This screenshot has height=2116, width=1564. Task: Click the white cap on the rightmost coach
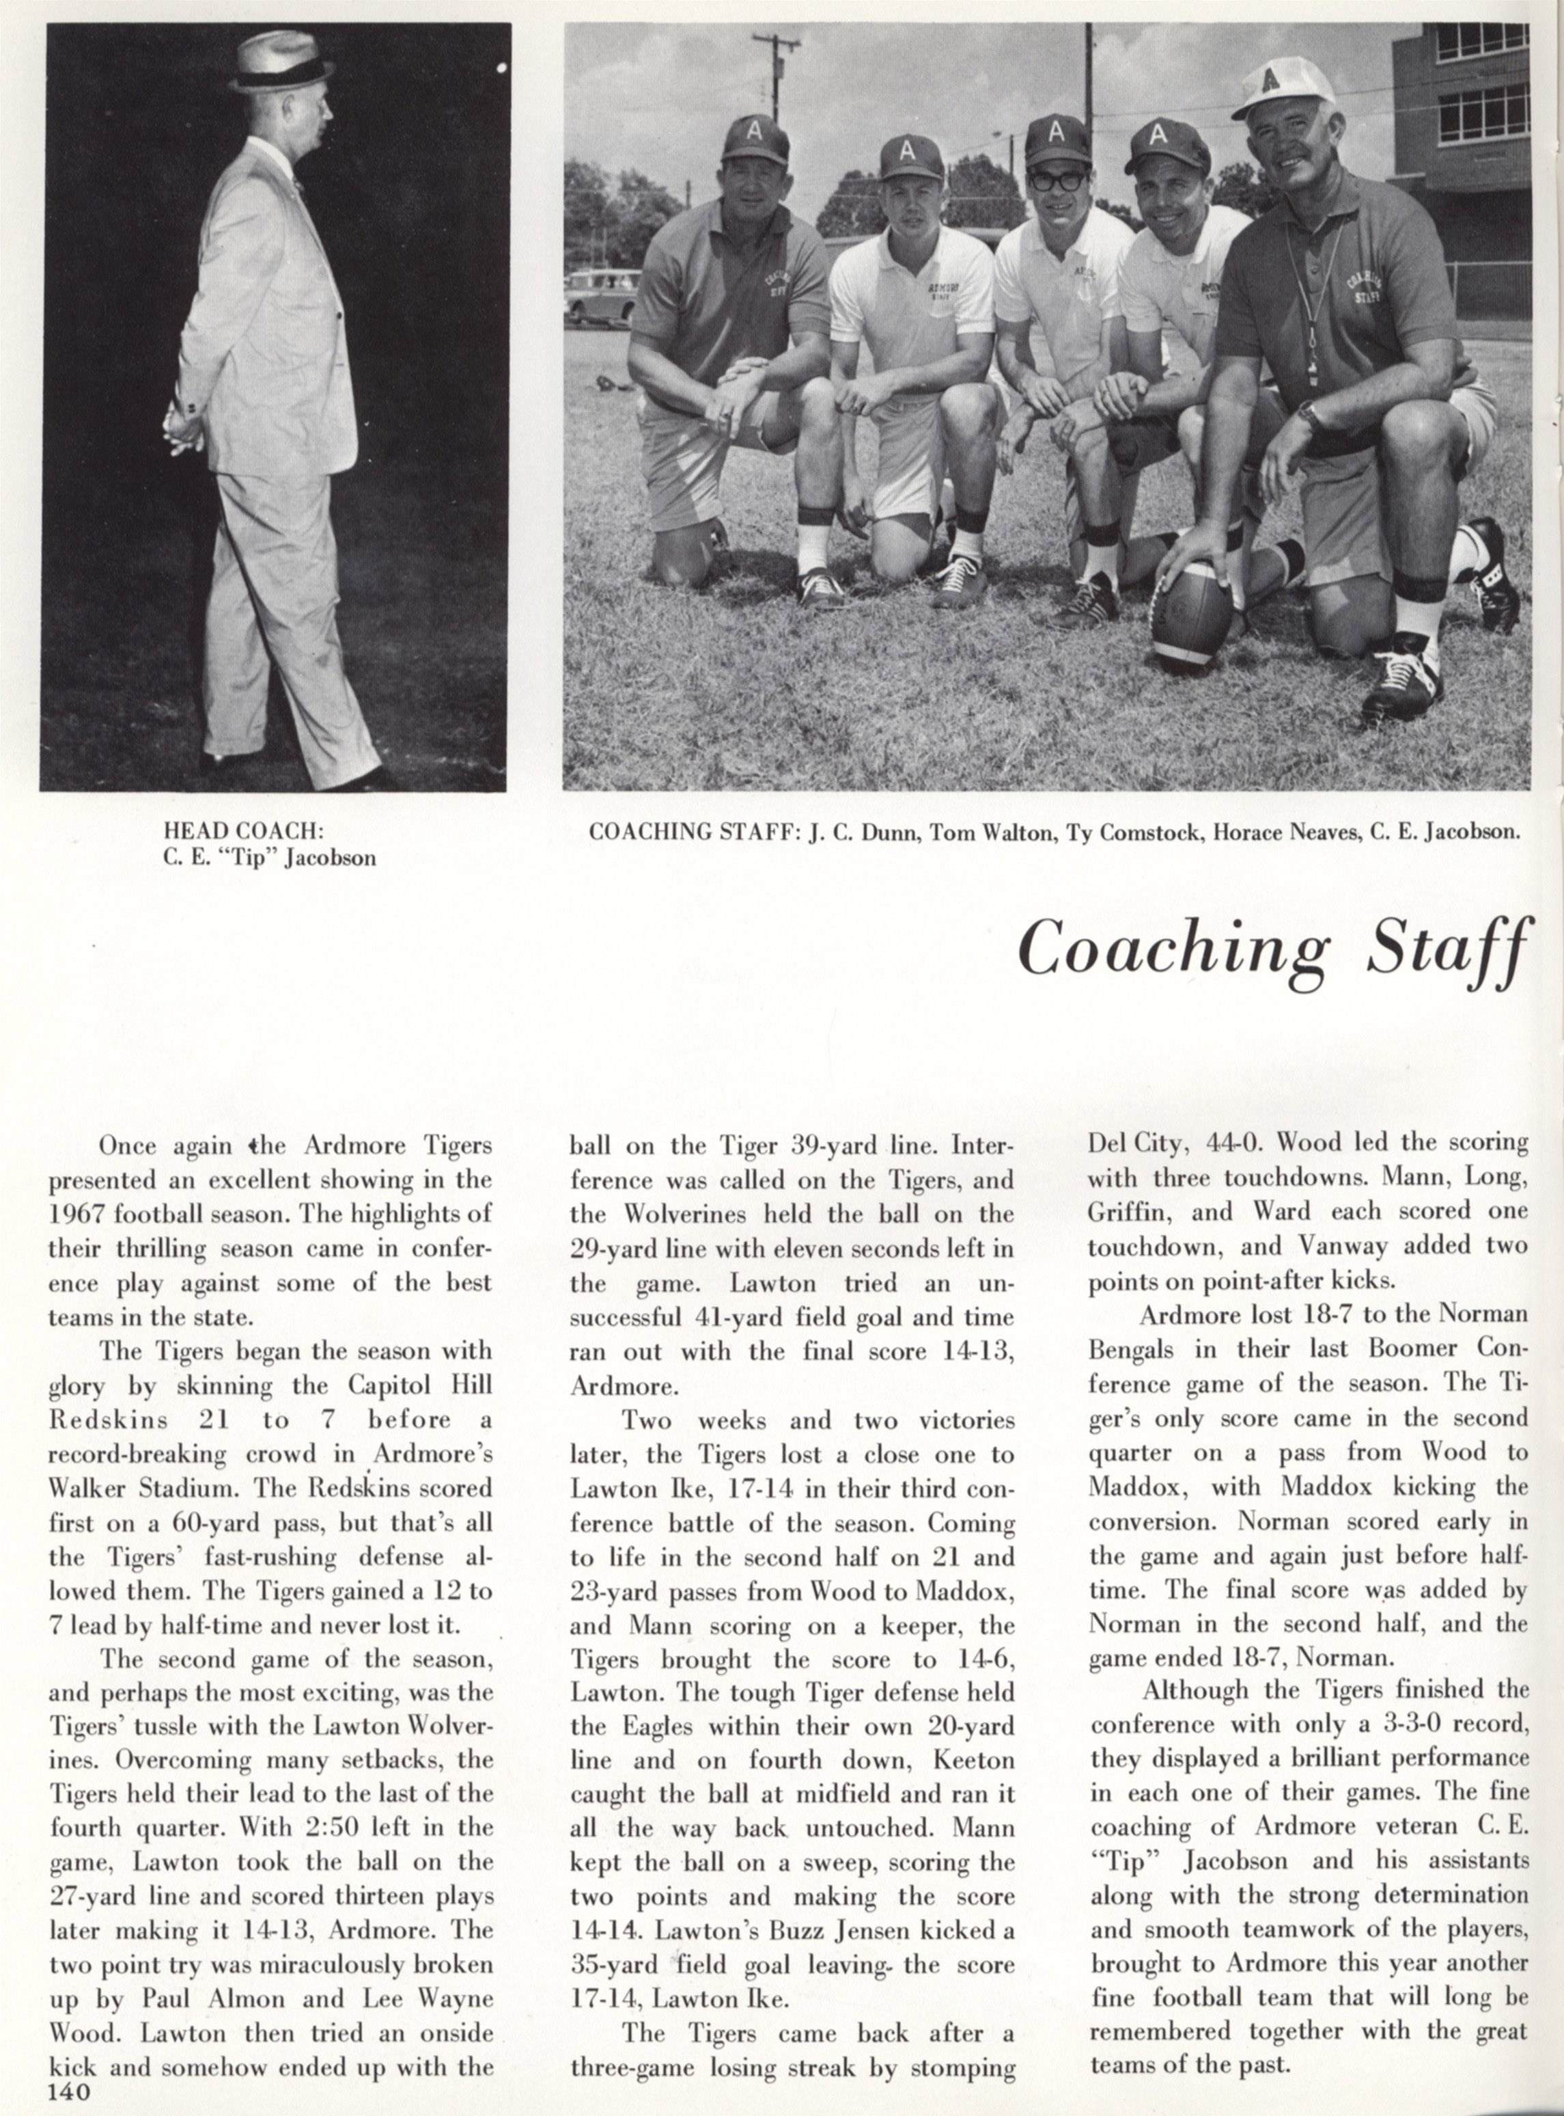tap(1285, 86)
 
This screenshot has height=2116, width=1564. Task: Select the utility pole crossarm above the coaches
tap(775, 42)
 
